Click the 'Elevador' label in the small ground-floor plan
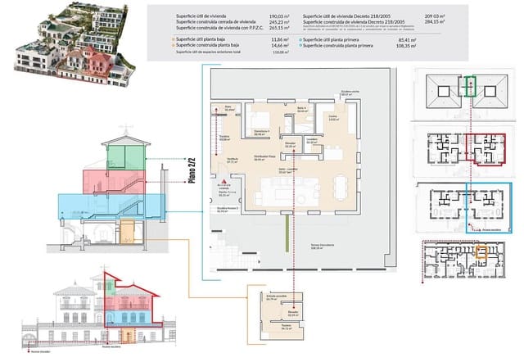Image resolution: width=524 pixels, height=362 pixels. [291, 311]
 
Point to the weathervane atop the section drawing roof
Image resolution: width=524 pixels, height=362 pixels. [125, 129]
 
